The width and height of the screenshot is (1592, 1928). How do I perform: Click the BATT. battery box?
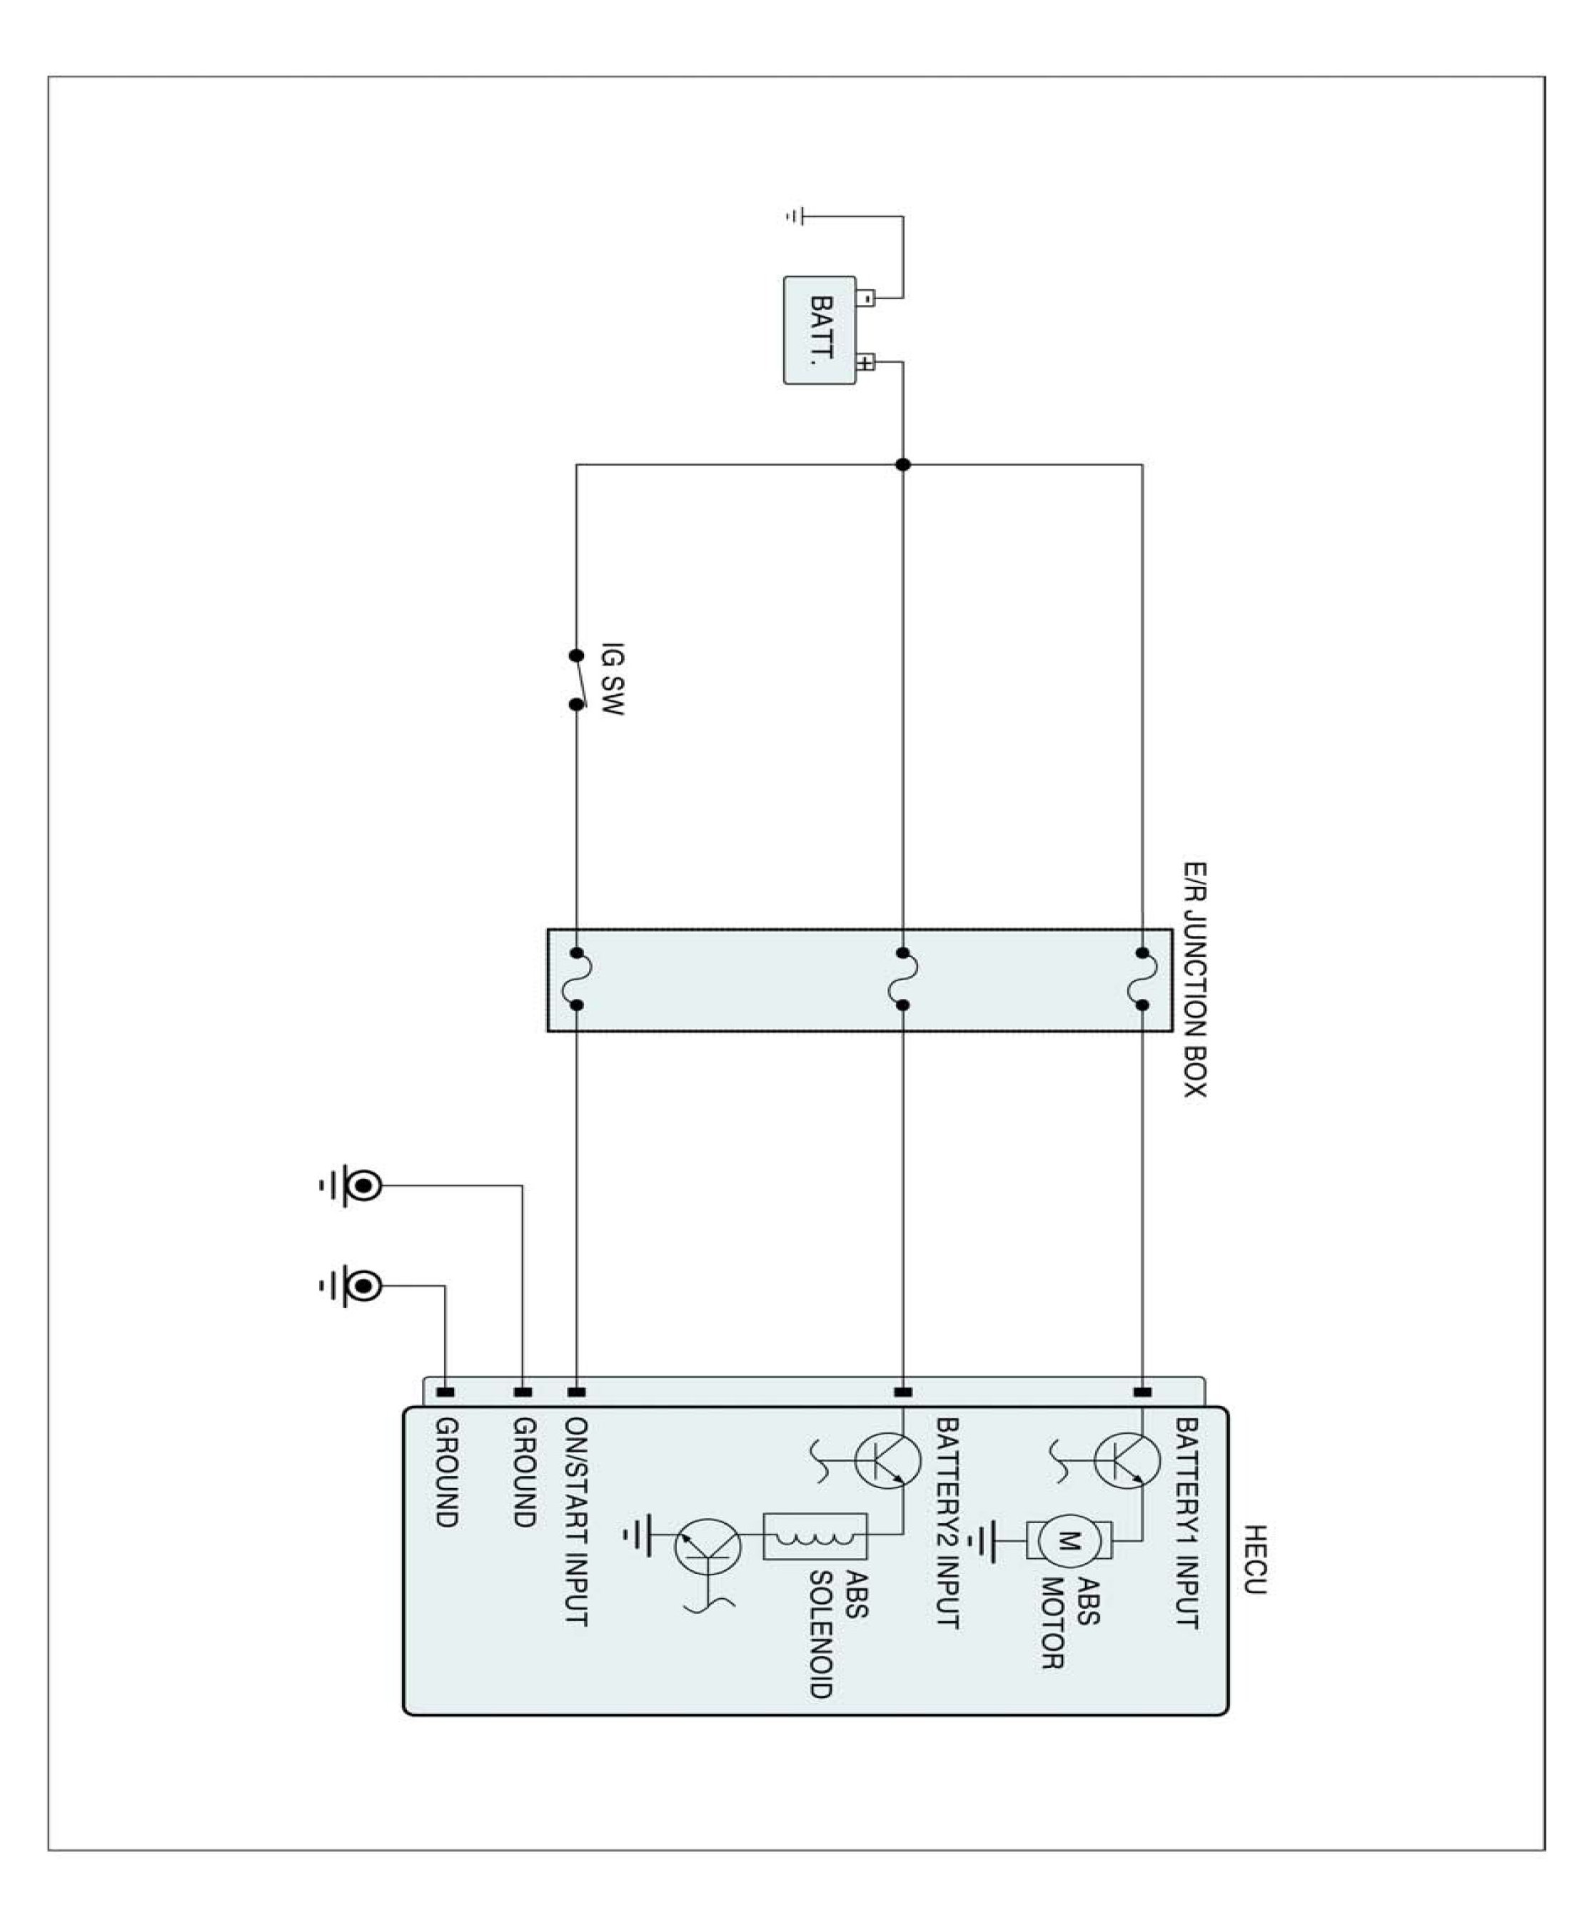(x=819, y=330)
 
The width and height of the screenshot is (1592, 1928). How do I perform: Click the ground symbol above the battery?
(x=795, y=216)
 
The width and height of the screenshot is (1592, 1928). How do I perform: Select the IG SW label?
(x=613, y=679)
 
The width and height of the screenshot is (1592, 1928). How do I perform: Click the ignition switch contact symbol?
(x=577, y=680)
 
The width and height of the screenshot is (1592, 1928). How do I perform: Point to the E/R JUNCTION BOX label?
(x=1194, y=979)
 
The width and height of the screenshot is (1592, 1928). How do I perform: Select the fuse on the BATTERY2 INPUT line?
(x=902, y=979)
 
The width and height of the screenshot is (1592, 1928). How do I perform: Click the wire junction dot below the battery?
(x=902, y=465)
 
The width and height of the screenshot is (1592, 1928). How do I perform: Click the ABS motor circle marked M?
(x=1069, y=1541)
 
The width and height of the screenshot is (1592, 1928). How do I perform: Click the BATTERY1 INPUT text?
(x=1187, y=1522)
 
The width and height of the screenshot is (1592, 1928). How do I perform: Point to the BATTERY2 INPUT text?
(x=947, y=1522)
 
